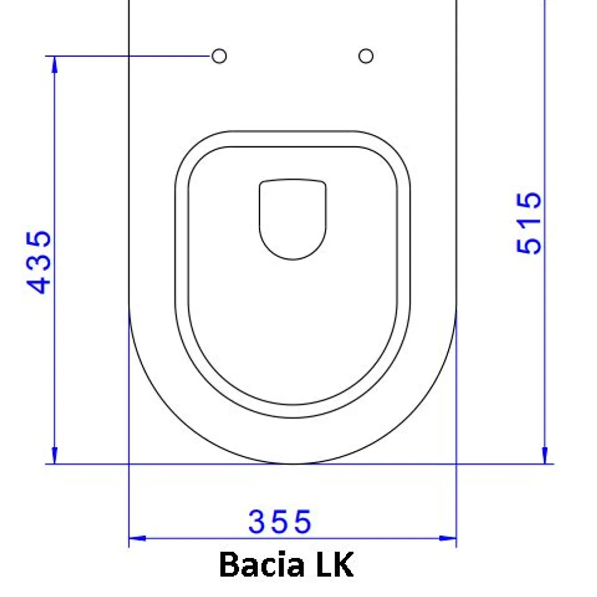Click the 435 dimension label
click(38, 262)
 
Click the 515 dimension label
click(529, 223)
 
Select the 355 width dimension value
click(280, 522)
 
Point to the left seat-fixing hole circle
click(219, 56)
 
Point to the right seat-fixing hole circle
click(366, 56)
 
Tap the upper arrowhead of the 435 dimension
click(54, 65)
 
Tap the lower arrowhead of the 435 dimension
click(54, 455)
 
